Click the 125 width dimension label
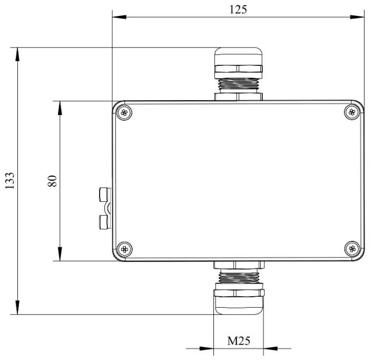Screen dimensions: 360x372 238,9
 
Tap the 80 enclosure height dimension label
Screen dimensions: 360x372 52,181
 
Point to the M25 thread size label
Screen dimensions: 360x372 238,340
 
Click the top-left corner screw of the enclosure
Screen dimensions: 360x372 124,112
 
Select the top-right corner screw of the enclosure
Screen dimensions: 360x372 353,111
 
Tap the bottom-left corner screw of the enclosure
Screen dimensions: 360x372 124,248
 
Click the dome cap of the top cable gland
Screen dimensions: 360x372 238,56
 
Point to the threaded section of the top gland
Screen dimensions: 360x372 238,83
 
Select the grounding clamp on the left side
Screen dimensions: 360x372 104,209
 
